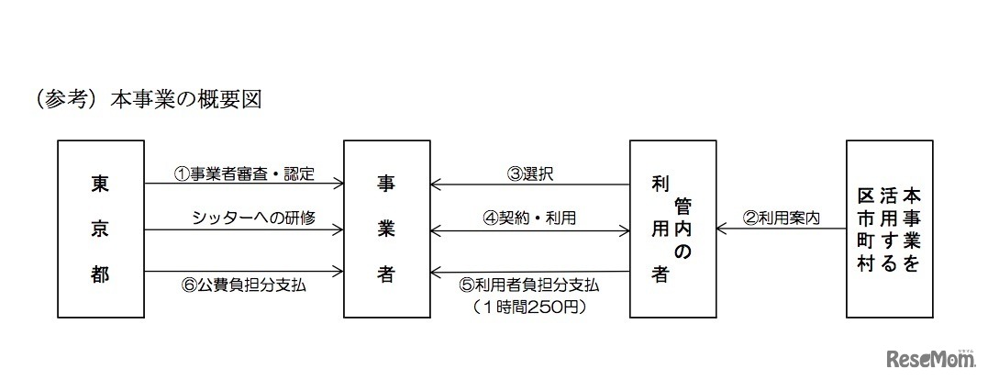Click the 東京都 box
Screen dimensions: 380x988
click(100, 229)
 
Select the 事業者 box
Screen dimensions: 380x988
click(386, 229)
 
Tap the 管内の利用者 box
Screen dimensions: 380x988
click(672, 229)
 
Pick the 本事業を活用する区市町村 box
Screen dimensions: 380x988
click(889, 229)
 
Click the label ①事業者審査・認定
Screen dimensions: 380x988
click(244, 173)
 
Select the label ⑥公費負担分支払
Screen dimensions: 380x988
click(244, 285)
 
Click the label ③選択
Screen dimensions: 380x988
click(530, 173)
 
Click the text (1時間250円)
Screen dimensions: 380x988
click(530, 307)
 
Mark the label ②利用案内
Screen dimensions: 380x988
click(781, 218)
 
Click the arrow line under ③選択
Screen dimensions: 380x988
click(530, 184)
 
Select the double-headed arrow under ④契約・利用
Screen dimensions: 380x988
click(530, 229)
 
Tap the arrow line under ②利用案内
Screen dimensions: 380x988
click(783, 229)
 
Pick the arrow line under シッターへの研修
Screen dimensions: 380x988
click(244, 229)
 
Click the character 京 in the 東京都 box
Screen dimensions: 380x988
click(100, 229)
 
